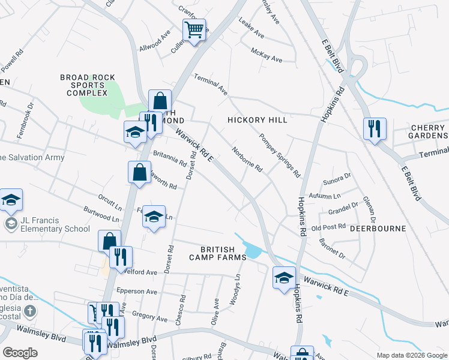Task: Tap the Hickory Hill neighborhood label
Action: coord(257,120)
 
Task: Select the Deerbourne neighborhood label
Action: coord(382,229)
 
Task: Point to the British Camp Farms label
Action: coord(223,253)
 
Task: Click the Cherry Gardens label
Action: coord(429,131)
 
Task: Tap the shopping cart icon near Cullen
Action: coord(194,30)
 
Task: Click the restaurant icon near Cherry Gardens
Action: coord(374,128)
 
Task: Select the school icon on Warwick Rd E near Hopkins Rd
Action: coord(284,277)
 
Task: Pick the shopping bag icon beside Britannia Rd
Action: coord(139,173)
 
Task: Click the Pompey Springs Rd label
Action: coord(279,155)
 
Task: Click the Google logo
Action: coord(20,352)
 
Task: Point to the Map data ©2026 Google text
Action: coord(411,355)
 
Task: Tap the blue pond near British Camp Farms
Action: coord(253,250)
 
